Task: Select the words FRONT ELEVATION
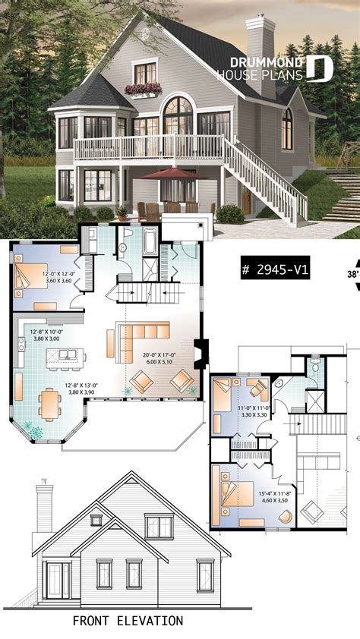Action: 128,620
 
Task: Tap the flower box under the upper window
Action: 144,90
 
